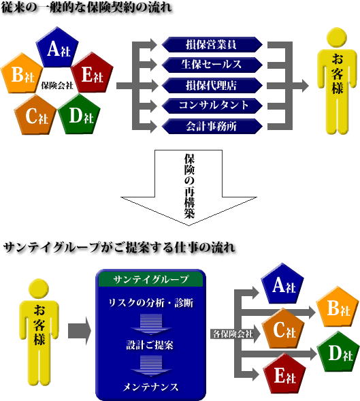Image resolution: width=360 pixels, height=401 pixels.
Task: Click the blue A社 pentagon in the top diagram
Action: [x=57, y=48]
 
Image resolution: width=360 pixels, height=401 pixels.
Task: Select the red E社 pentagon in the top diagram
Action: [x=92, y=74]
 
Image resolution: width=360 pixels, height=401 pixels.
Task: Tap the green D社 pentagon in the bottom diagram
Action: [x=338, y=352]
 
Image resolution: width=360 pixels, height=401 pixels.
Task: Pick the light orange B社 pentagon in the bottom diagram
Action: [x=338, y=308]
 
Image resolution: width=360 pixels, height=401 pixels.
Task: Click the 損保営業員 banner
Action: [x=212, y=44]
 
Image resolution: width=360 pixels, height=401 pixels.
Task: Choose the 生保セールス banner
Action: [x=212, y=65]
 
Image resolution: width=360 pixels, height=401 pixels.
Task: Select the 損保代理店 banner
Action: [x=212, y=85]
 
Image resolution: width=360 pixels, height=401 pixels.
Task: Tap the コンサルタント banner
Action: [x=212, y=106]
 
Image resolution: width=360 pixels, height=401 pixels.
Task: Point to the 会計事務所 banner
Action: [x=212, y=126]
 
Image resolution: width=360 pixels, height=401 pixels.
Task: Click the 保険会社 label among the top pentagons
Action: [x=57, y=85]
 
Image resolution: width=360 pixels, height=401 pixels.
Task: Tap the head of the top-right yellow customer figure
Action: [x=337, y=37]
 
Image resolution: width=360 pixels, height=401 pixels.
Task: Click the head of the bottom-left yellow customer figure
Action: [x=39, y=289]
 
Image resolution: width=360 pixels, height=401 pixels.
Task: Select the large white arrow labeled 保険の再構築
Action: [x=189, y=187]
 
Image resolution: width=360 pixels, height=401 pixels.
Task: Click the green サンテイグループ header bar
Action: [x=150, y=279]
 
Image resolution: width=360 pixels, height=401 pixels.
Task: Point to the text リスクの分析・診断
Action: [x=151, y=303]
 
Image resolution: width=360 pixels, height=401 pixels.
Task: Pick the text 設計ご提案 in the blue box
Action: [x=150, y=345]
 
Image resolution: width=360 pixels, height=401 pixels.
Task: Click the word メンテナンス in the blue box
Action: [x=150, y=387]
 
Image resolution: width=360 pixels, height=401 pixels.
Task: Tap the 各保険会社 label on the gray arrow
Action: [x=233, y=334]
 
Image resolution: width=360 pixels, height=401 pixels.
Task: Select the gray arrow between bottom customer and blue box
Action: [x=80, y=331]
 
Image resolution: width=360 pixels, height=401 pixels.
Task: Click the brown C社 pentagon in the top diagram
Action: [x=35, y=115]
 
